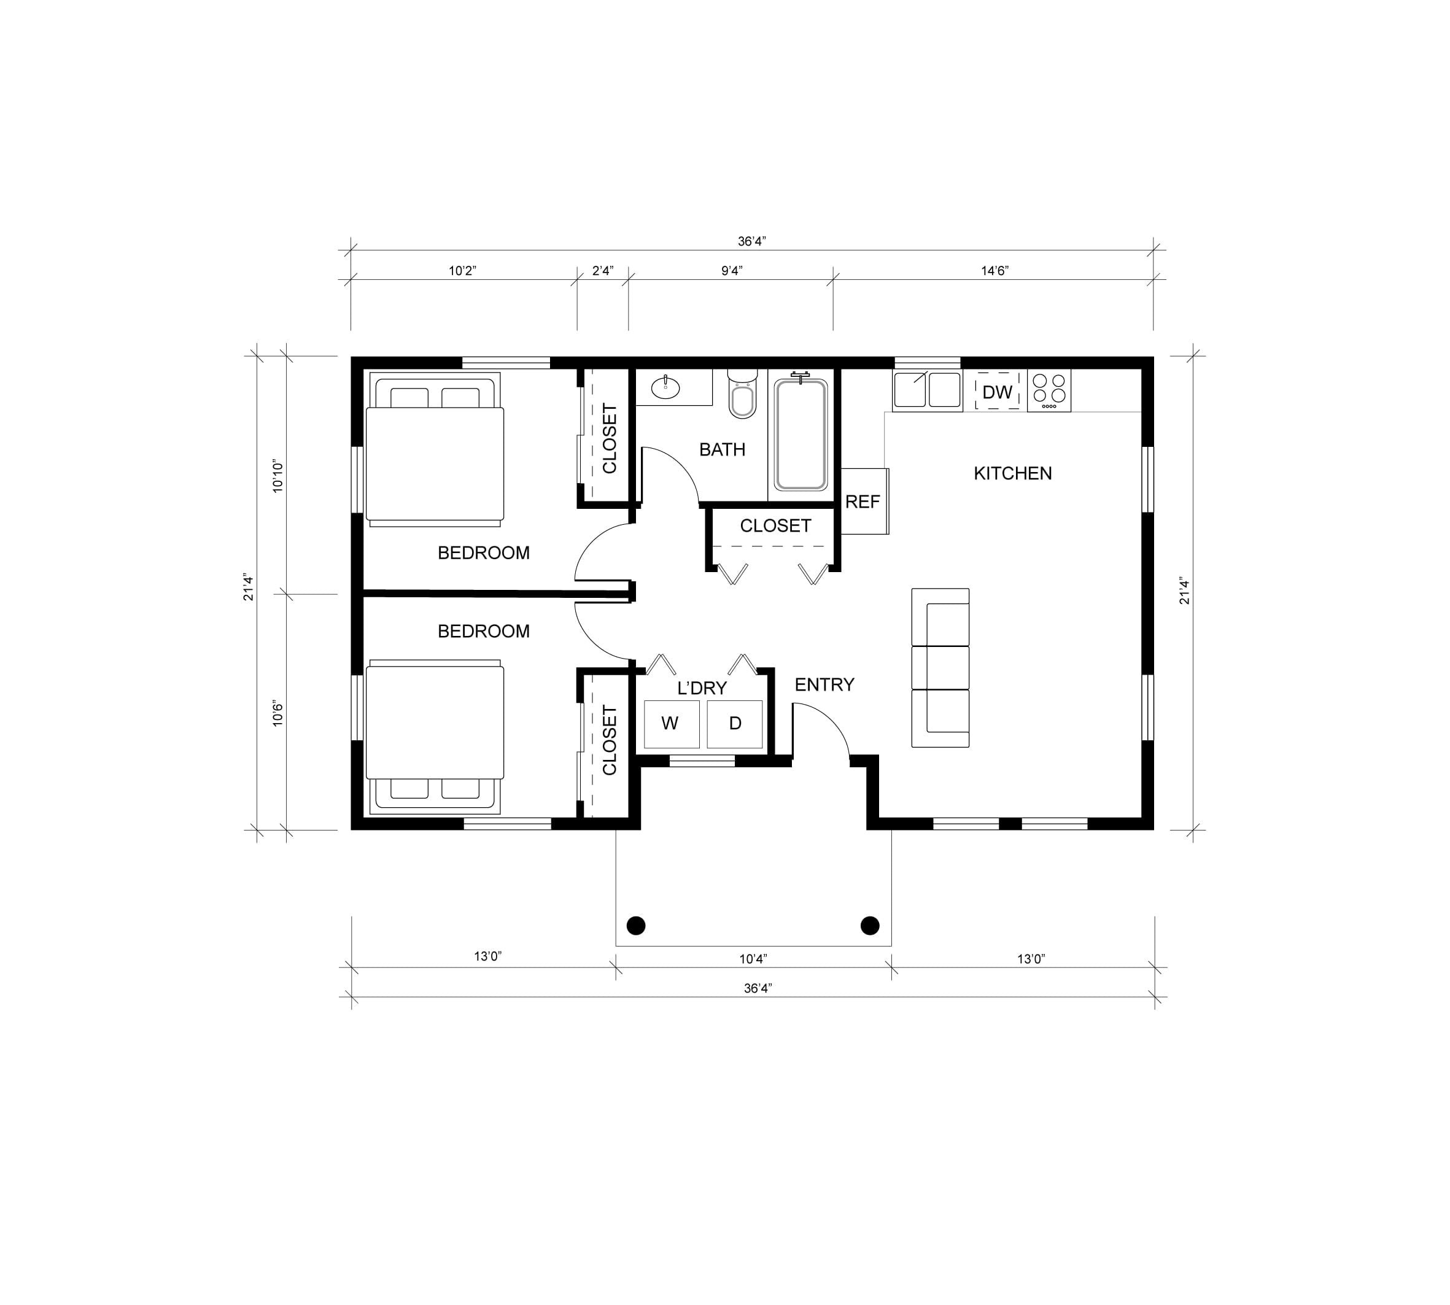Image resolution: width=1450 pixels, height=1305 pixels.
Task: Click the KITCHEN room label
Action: pos(1012,473)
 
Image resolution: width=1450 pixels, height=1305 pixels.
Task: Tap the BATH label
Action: pos(722,449)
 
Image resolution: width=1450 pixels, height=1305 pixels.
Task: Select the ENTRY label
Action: pos(824,685)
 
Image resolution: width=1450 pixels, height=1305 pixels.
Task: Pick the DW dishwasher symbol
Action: pos(997,392)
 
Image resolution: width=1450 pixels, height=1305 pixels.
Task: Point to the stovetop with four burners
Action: pos(1049,391)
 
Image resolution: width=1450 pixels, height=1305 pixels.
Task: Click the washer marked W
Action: pos(671,724)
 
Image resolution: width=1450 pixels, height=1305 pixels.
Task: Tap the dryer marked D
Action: pos(735,724)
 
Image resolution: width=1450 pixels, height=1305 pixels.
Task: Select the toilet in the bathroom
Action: pos(742,393)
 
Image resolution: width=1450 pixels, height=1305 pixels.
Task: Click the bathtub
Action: pos(801,435)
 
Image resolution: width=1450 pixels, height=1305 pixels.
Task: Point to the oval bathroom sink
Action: pos(665,388)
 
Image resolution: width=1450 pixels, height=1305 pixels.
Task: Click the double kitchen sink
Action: pos(926,390)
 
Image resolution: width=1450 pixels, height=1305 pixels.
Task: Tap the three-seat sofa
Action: pos(940,668)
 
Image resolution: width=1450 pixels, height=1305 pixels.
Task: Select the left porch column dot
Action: pos(636,926)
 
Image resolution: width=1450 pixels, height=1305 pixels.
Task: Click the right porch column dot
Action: pos(870,926)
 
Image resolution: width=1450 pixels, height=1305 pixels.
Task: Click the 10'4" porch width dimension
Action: pos(753,959)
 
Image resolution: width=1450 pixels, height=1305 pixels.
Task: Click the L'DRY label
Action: pos(702,688)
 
